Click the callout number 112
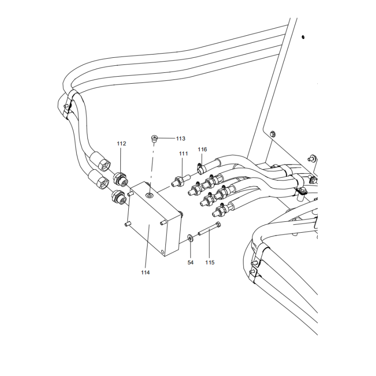(x=122, y=144)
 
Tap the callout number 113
(x=180, y=139)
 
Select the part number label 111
(x=183, y=154)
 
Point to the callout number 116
(x=202, y=149)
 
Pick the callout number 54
(x=190, y=262)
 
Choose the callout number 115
(x=210, y=262)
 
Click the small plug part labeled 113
(x=154, y=138)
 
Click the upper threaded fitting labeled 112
(x=120, y=179)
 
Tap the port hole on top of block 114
(x=149, y=195)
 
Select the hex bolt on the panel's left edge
(x=273, y=134)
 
